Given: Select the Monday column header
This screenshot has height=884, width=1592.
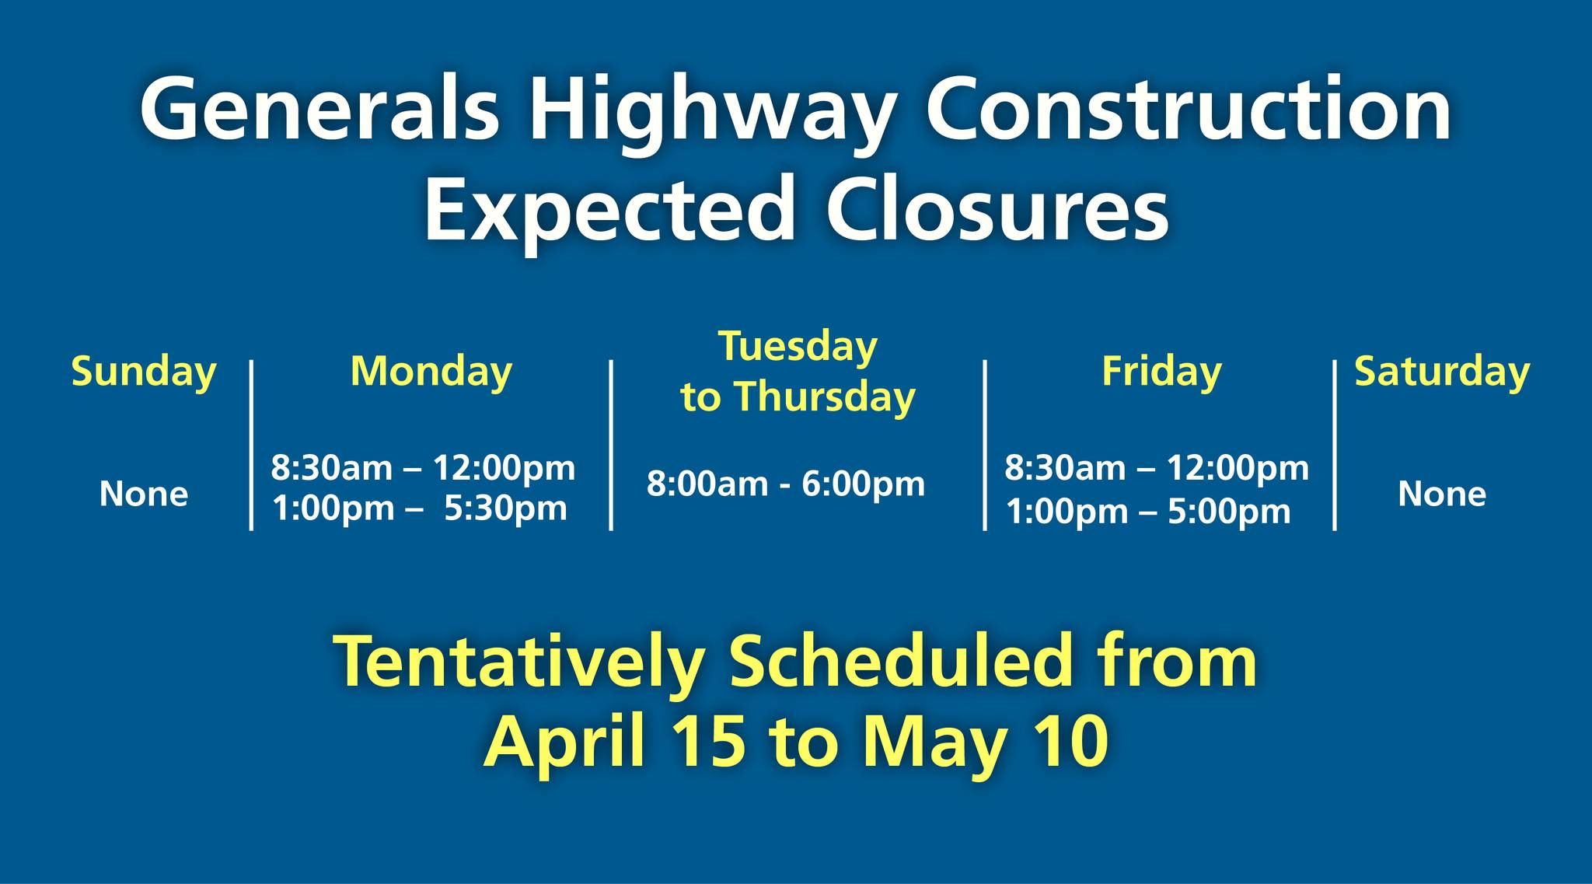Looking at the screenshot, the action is click(431, 372).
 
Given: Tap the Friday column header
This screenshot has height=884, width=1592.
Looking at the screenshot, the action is click(1161, 372).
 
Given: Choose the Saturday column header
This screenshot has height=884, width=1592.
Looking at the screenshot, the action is click(1442, 372).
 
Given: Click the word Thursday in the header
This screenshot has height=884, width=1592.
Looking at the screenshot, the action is click(826, 398).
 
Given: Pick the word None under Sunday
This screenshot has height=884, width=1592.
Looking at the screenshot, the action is click(144, 494).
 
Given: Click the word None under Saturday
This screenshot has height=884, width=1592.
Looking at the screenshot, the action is click(1442, 494).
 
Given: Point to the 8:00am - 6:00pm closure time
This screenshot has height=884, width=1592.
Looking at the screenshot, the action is click(786, 484).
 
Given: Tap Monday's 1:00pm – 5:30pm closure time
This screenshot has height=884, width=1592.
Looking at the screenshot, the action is click(420, 509).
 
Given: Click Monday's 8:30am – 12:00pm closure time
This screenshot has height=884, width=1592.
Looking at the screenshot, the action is click(423, 469).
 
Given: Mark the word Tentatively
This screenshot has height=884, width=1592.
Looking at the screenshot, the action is click(520, 662).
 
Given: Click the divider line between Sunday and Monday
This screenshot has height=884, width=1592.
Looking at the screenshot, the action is click(251, 445).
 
